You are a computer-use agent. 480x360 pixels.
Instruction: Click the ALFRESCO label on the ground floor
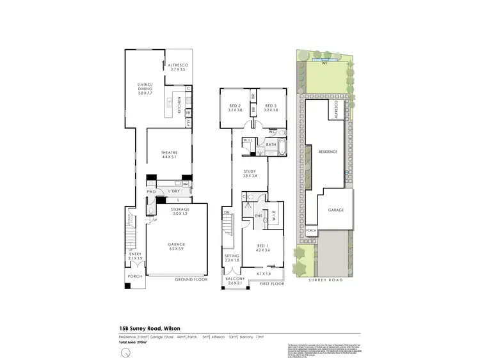click(176, 67)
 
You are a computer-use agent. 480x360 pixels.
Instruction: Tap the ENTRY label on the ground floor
click(136, 255)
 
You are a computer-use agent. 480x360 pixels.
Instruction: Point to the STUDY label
click(250, 173)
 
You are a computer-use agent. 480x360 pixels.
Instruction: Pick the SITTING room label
click(231, 258)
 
